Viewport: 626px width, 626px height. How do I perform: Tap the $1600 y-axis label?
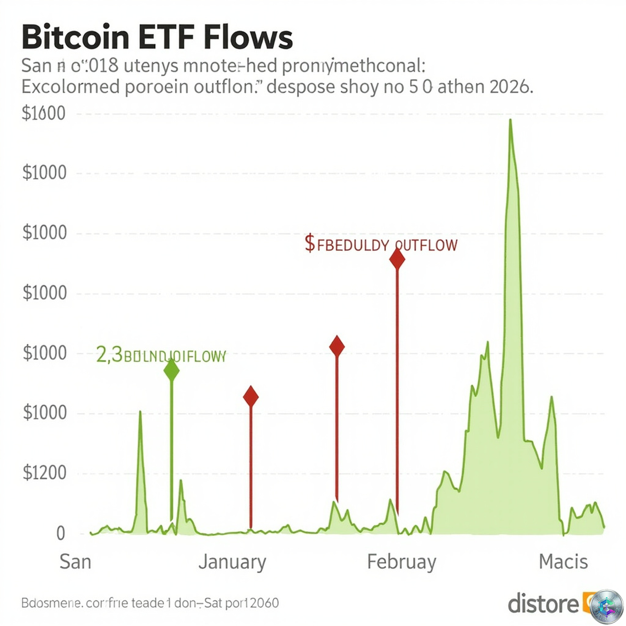(x=43, y=113)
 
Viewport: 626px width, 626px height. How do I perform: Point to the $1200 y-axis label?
(x=44, y=473)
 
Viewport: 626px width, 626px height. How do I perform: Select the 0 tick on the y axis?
(x=60, y=533)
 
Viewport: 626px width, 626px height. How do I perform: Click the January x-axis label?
(x=232, y=562)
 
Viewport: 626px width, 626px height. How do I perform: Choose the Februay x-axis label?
(x=401, y=562)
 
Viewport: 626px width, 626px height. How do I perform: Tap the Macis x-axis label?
(x=563, y=562)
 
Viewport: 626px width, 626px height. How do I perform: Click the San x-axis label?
(x=75, y=562)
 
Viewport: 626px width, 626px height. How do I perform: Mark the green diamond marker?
(x=171, y=370)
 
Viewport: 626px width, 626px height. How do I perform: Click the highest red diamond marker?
(x=397, y=259)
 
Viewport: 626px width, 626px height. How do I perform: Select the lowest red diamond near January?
(x=251, y=397)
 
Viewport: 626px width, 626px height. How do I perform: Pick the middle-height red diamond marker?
(x=337, y=346)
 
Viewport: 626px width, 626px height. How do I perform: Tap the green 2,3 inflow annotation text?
(x=161, y=356)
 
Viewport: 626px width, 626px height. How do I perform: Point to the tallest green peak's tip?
(x=510, y=121)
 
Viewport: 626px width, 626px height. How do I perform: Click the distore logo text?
(x=543, y=603)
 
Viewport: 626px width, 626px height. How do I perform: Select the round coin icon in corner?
(x=606, y=606)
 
